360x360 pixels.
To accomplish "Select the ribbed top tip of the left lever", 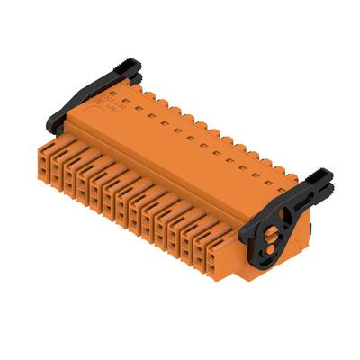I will pyautogui.click(x=127, y=65).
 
